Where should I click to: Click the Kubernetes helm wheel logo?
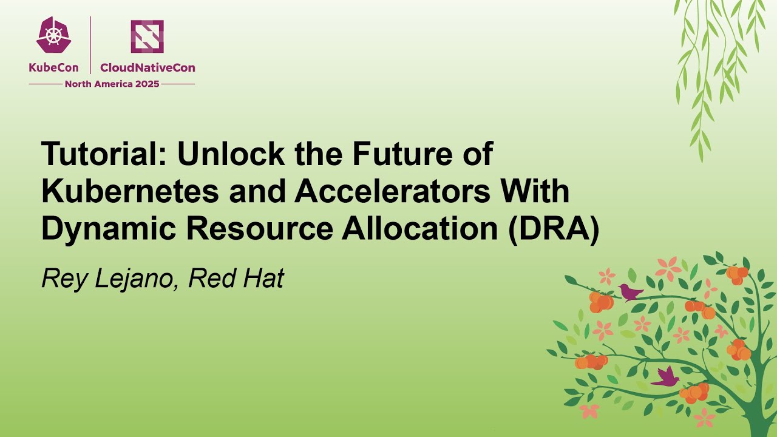(53, 35)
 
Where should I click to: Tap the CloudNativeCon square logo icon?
(147, 36)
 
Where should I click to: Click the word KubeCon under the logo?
(53, 68)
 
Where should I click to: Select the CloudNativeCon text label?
(148, 68)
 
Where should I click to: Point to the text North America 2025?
(112, 84)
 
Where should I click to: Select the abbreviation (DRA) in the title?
(554, 229)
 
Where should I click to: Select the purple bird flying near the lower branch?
(666, 377)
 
